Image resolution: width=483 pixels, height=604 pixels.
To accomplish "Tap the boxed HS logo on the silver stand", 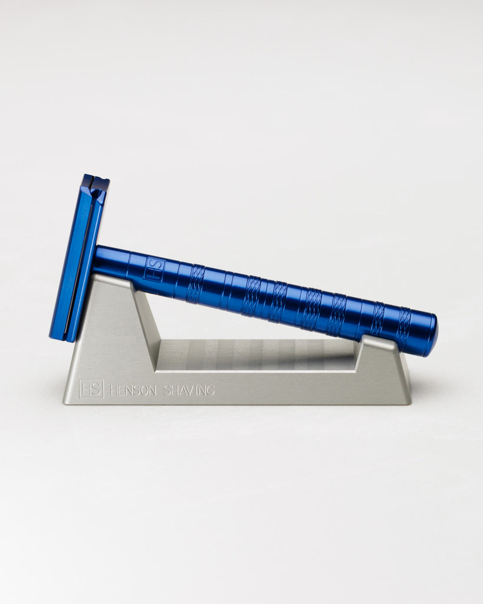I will (x=91, y=389).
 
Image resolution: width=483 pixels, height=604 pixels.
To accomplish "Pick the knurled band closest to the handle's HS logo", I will (x=196, y=284).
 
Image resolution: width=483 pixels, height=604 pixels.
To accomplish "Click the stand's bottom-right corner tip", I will (x=410, y=403).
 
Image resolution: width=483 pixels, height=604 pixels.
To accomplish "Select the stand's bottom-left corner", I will (x=65, y=403).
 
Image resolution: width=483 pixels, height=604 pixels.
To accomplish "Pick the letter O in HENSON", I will (x=143, y=390).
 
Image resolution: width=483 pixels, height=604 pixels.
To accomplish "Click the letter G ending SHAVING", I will (x=211, y=390).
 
